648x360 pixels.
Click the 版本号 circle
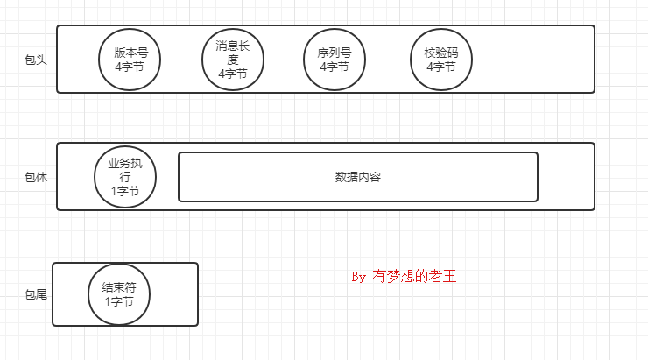pos(130,59)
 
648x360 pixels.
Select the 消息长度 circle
pos(232,59)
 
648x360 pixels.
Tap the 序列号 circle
pos(334,59)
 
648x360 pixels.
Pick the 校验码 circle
pos(441,59)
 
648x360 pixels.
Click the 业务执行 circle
pos(124,176)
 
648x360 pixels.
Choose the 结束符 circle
pos(119,294)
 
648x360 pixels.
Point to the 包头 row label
pos(36,60)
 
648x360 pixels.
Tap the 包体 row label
pos(36,177)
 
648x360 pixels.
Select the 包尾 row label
pos(36,294)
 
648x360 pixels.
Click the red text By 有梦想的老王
pos(404,277)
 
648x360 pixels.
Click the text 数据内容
pos(358,177)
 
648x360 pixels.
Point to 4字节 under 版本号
pos(130,66)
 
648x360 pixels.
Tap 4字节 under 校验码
pos(441,66)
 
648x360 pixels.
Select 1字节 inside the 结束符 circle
pos(119,301)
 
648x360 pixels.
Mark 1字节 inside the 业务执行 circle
pos(124,190)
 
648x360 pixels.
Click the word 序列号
pos(334,53)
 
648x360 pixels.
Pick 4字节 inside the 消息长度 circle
pos(232,74)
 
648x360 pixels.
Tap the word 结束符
pos(119,287)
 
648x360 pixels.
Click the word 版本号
pos(130,53)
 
